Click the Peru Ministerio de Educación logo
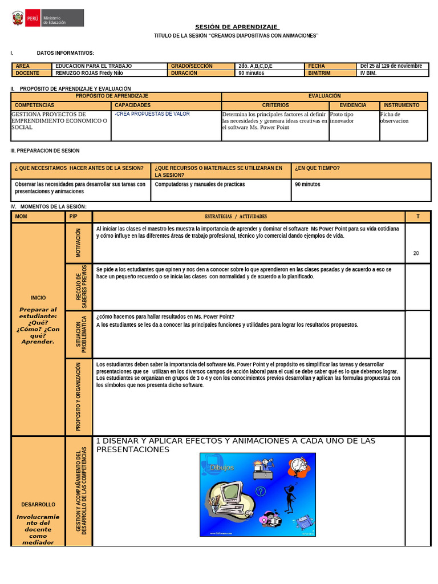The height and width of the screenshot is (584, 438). [x=47, y=18]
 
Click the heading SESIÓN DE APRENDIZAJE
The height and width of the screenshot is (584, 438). [x=237, y=27]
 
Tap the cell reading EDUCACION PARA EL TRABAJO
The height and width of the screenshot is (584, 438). [x=94, y=66]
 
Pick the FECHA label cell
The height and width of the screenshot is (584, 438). [x=317, y=66]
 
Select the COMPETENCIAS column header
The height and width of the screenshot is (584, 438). [x=35, y=106]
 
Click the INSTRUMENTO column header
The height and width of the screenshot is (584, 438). [x=401, y=106]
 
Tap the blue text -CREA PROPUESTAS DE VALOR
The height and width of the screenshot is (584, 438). [x=152, y=114]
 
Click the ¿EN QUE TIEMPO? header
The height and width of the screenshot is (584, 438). [x=318, y=168]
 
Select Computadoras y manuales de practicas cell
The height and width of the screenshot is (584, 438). [x=200, y=185]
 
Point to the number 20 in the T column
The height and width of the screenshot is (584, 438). [x=416, y=253]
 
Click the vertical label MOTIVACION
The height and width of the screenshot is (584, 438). [x=79, y=243]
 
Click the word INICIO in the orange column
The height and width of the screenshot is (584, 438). [x=38, y=298]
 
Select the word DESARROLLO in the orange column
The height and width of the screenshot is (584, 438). [x=38, y=505]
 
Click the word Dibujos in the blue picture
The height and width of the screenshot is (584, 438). [x=222, y=468]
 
